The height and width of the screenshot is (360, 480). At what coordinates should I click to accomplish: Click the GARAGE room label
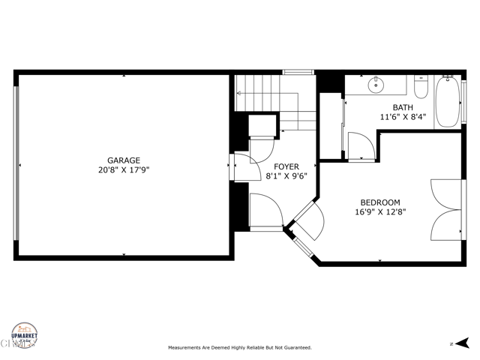[x=124, y=160]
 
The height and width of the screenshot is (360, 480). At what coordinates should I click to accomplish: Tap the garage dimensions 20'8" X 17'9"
[x=124, y=170]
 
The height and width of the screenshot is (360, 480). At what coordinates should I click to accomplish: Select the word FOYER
[x=286, y=166]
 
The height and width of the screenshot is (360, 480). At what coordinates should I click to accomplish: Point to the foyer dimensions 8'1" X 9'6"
[x=286, y=176]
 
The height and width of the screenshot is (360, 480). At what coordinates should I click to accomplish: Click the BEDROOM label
[x=379, y=202]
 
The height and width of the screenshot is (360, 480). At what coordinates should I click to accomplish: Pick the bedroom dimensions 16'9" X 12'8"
[x=380, y=212]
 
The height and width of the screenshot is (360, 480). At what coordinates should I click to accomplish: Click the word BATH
[x=402, y=107]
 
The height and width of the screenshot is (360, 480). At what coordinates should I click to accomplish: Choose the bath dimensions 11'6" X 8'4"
[x=402, y=117]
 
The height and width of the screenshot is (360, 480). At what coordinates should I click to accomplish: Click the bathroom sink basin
[x=376, y=85]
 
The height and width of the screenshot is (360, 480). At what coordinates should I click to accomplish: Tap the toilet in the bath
[x=420, y=88]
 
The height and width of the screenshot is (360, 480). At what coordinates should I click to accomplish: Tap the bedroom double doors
[x=447, y=209]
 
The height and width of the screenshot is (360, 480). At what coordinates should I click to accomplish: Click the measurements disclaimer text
[x=239, y=348]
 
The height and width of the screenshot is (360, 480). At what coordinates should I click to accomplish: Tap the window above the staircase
[x=297, y=72]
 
